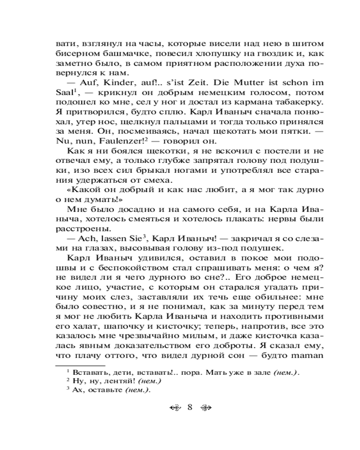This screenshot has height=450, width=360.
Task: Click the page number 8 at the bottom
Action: (189, 408)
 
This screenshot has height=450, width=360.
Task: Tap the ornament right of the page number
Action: (205, 408)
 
